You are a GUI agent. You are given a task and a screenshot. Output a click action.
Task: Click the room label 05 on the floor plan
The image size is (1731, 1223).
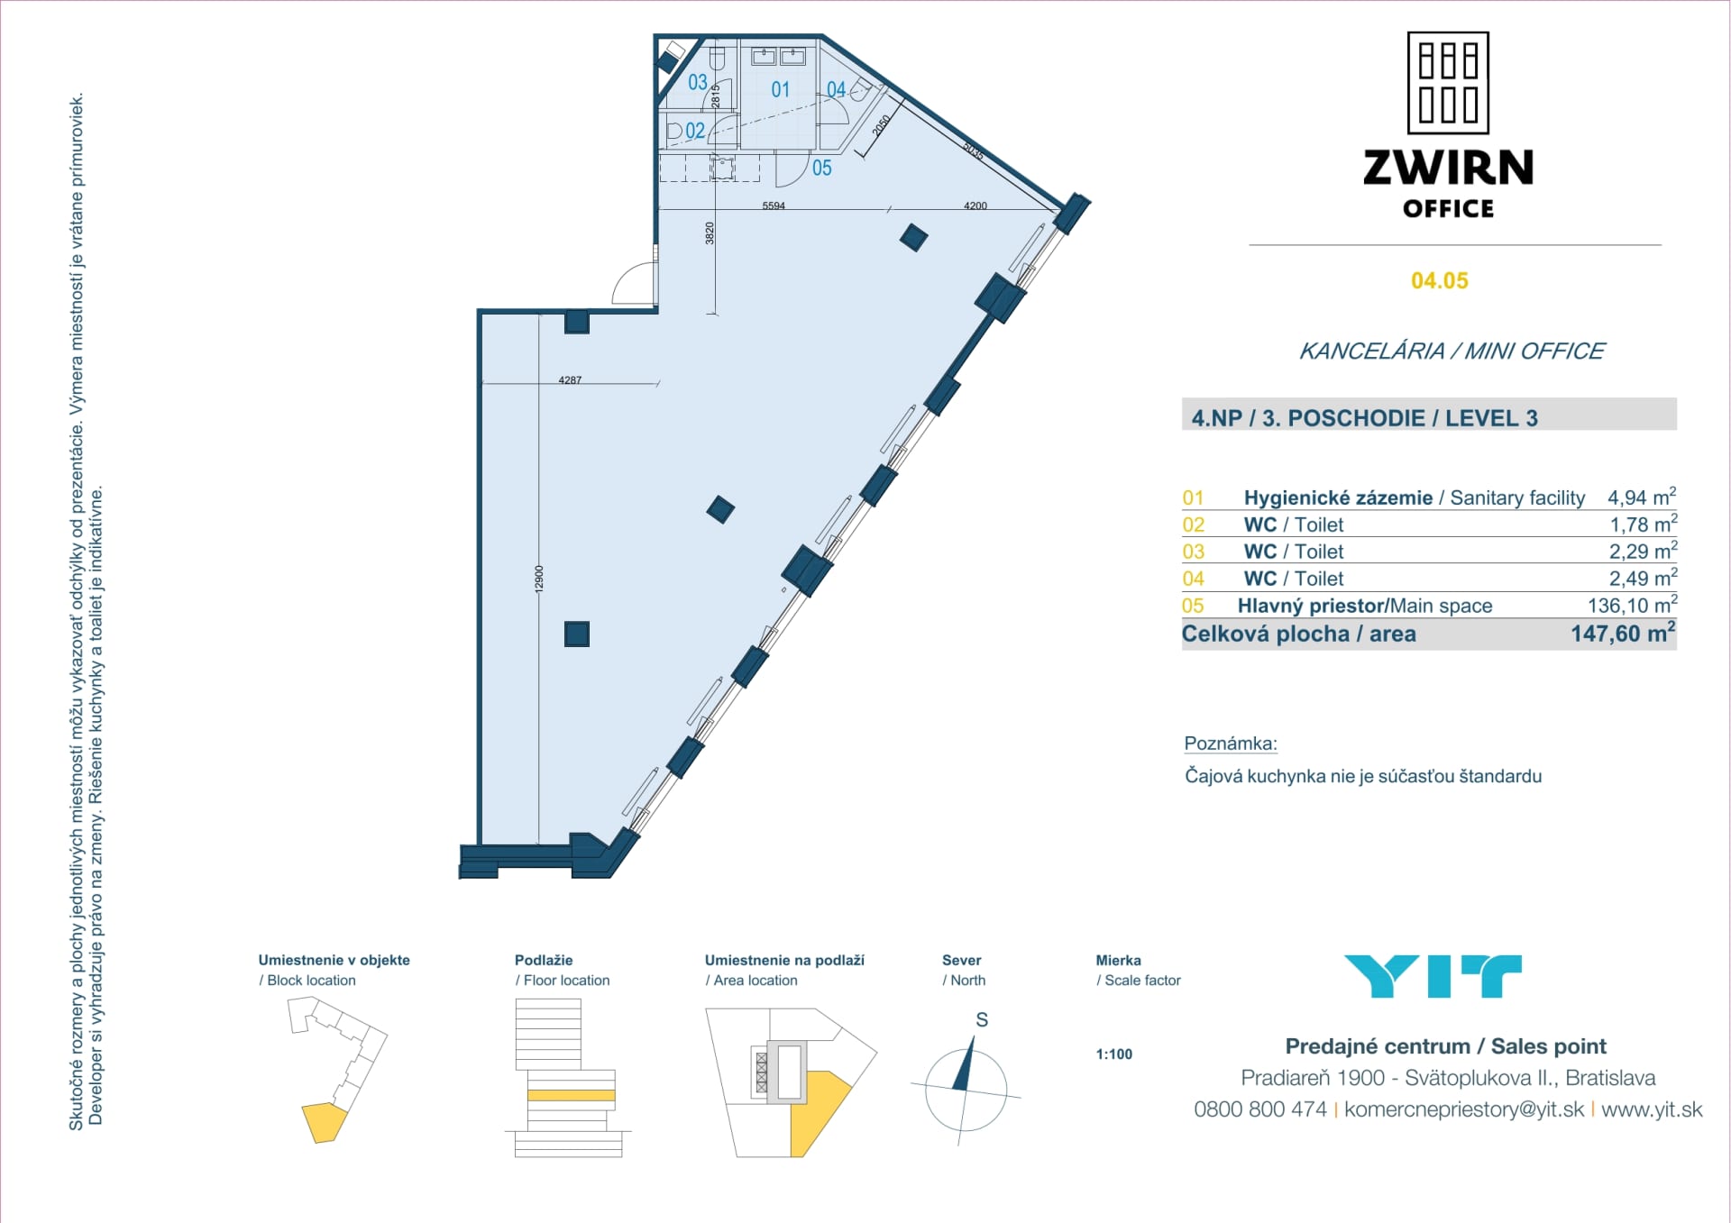coord(821,169)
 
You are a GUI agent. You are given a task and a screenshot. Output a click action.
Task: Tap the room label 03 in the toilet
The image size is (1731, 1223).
coord(698,83)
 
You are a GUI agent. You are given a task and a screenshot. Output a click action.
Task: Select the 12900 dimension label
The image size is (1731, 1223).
coord(539,578)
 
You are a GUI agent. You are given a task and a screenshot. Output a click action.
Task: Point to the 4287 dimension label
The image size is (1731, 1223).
coord(570,380)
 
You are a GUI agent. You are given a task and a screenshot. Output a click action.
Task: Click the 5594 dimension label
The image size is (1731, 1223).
coord(774,206)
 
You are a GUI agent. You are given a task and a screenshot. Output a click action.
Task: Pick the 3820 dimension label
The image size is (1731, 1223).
coord(710,233)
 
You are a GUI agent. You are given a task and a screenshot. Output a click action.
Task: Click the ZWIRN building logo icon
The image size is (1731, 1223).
coord(1448,83)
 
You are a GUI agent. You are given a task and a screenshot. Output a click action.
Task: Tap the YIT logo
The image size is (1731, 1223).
coord(1433,976)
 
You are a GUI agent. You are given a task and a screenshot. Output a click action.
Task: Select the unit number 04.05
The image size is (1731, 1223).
coord(1439,281)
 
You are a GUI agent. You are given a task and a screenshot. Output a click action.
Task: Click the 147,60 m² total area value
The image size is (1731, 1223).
coord(1622,634)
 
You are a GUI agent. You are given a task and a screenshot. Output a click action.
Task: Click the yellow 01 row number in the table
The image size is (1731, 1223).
coord(1193,498)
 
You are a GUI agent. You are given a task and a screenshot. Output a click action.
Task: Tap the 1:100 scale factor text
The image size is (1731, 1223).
coord(1114,1054)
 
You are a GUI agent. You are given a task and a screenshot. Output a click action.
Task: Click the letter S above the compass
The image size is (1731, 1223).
coord(982,1020)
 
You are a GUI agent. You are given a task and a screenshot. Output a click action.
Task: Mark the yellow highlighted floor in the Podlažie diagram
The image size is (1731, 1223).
coord(571,1096)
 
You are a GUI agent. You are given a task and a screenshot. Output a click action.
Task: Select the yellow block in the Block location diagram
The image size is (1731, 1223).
coord(323,1122)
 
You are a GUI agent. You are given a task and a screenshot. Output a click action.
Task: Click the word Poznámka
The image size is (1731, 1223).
coord(1230,744)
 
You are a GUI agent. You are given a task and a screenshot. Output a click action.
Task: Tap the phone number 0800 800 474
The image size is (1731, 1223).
coord(1259,1109)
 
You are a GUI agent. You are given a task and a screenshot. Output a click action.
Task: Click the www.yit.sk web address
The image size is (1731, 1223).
coord(1652,1109)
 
